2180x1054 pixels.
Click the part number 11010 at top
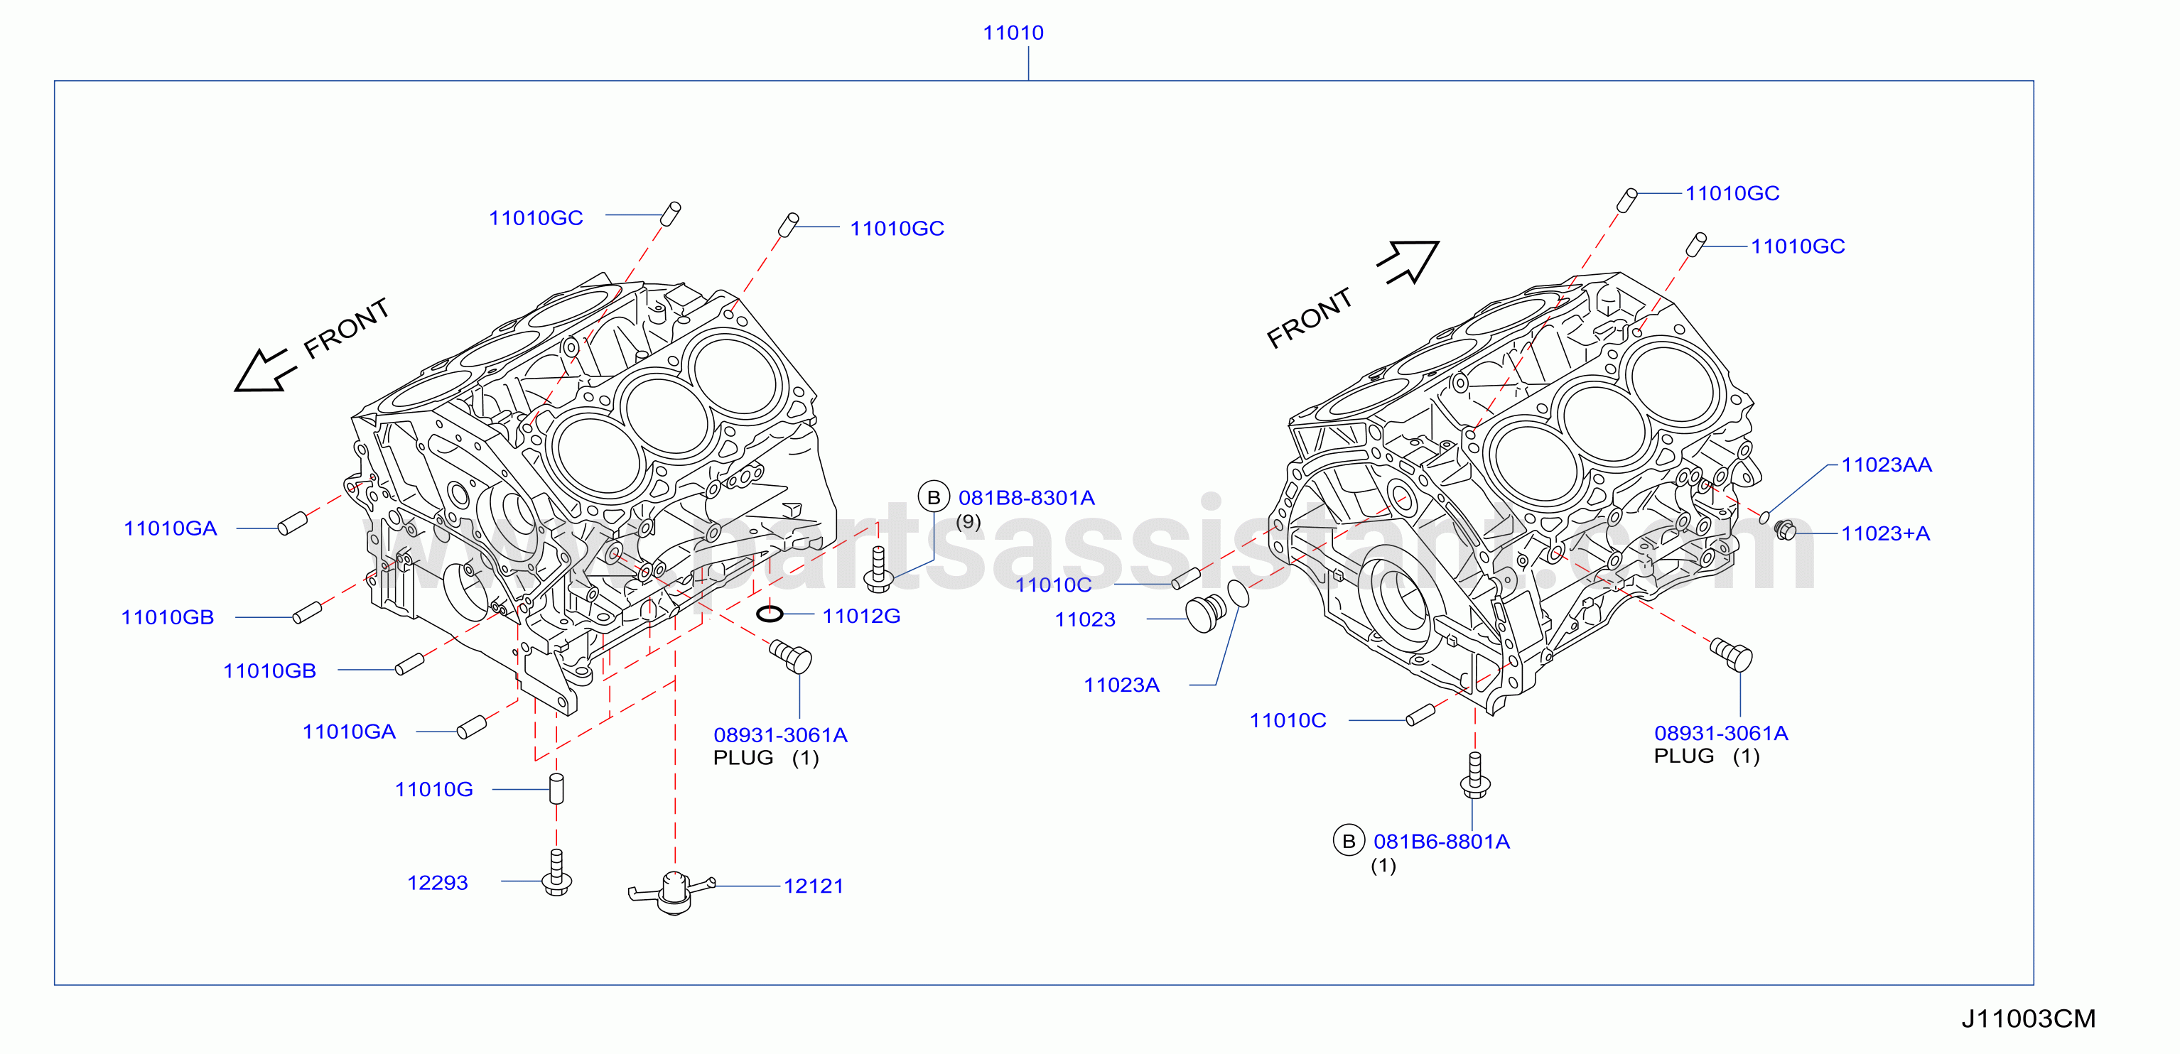pos(1013,33)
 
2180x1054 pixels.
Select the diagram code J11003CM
pos(2029,1018)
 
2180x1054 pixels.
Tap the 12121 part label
pos(814,886)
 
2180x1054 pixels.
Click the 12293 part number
pos(438,882)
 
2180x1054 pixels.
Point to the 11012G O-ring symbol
pos(770,614)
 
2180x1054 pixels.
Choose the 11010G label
pos(434,789)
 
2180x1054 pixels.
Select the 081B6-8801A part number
pos(1442,842)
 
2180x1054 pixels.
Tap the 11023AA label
pos(1887,464)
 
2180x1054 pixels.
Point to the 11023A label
pos(1121,685)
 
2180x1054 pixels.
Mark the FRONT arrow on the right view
pos(1409,261)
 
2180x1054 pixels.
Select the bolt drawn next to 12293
pos(556,873)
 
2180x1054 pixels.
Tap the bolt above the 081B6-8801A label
pos(1475,776)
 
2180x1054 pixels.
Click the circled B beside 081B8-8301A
pos(934,497)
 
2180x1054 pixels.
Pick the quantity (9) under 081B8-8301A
pos(968,522)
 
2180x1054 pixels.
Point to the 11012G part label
pos(861,616)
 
